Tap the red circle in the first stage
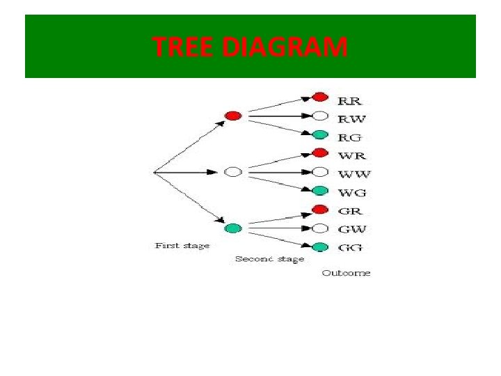[x=233, y=116]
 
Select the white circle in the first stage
[x=233, y=172]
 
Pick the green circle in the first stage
[x=233, y=228]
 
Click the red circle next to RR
[x=320, y=97]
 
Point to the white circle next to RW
[x=320, y=116]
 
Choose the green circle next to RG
[x=320, y=134]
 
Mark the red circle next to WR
[x=320, y=152]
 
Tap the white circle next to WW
[x=320, y=171]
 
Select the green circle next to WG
[x=320, y=191]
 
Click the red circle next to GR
[x=320, y=210]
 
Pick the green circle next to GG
[x=320, y=246]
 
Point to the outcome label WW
[x=353, y=173]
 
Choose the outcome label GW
[x=352, y=229]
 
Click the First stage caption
[x=182, y=246]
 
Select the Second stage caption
[x=269, y=259]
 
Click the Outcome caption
[x=346, y=273]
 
